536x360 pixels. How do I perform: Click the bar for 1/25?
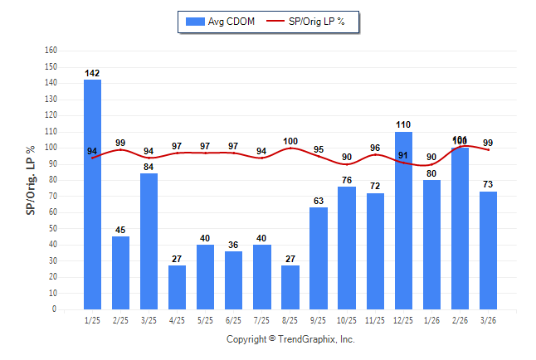(x=92, y=194)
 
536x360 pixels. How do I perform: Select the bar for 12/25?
(x=403, y=220)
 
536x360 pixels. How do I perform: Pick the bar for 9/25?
(x=319, y=258)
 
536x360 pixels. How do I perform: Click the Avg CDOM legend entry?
(x=217, y=21)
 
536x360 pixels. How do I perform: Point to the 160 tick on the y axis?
(x=51, y=50)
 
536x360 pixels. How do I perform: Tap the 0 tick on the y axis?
(x=55, y=309)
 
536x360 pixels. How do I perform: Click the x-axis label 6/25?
(x=233, y=320)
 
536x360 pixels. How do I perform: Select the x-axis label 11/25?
(x=375, y=320)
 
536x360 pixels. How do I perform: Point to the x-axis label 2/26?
(x=460, y=320)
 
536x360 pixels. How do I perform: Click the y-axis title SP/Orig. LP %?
(x=31, y=179)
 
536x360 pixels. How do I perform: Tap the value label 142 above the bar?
(x=92, y=74)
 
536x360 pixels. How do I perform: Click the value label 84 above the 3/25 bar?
(x=149, y=168)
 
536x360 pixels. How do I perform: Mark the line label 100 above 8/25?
(x=290, y=141)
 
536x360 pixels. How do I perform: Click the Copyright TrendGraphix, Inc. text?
(x=290, y=339)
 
